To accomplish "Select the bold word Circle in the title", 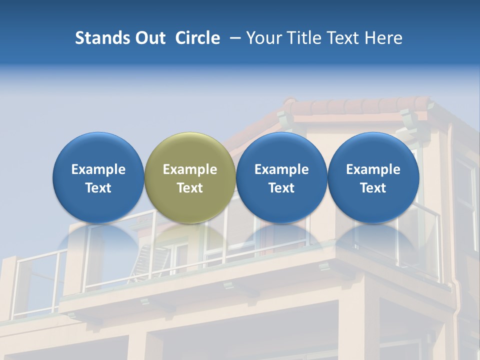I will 197,38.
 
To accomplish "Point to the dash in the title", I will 233,38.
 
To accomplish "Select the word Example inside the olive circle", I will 190,169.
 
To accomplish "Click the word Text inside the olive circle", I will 190,188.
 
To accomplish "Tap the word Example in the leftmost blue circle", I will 98,169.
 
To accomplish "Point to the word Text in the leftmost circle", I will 98,188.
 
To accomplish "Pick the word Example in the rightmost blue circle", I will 373,169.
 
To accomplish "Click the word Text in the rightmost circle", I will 373,188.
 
